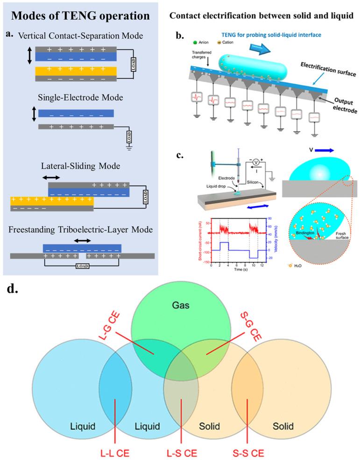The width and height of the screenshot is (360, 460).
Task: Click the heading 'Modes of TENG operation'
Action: point(80,15)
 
